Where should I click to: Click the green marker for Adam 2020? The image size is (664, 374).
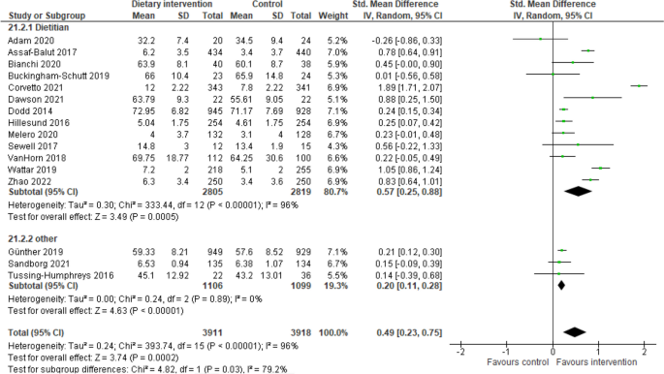(x=540, y=39)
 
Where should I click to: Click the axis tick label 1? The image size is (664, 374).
(x=598, y=347)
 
